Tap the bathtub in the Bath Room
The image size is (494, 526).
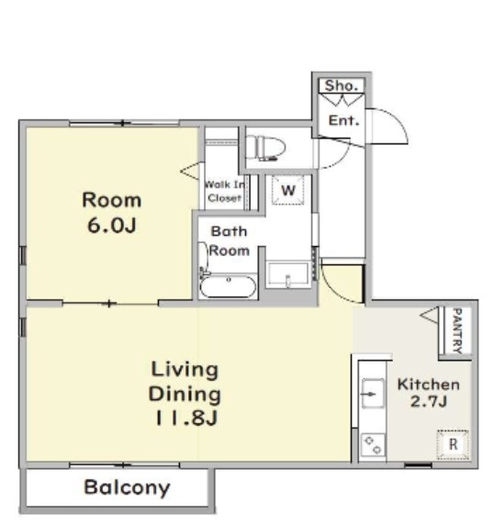228,286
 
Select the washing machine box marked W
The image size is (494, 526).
288,190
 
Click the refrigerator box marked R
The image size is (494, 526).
453,444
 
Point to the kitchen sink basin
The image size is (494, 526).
373,394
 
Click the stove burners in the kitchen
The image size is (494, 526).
373,445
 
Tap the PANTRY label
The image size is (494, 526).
457,330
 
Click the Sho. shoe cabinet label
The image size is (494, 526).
341,85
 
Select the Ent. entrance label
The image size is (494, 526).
343,120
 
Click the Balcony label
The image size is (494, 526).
127,487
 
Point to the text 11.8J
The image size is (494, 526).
186,418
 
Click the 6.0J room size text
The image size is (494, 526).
112,225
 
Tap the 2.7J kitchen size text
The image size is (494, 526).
429,401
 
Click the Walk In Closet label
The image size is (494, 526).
224,191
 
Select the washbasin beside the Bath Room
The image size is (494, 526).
287,274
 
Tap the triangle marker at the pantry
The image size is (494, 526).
430,315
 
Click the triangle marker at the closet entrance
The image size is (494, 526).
190,171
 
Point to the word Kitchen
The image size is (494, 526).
429,385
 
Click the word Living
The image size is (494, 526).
185,370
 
